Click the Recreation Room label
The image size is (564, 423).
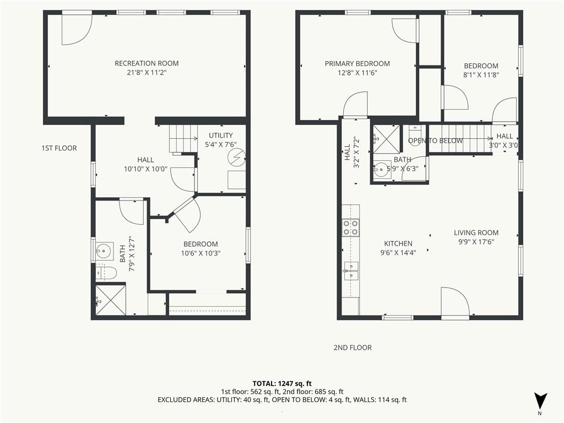click(x=147, y=63)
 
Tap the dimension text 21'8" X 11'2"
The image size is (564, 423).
click(x=147, y=73)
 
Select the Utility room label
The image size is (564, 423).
click(x=221, y=135)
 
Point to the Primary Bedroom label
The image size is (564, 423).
click(x=357, y=64)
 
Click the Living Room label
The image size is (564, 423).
click(x=476, y=233)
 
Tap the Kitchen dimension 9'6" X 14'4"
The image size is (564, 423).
click(x=398, y=252)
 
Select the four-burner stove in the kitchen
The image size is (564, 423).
click(x=351, y=227)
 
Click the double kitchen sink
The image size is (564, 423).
click(x=351, y=271)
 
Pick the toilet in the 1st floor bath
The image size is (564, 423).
click(x=106, y=273)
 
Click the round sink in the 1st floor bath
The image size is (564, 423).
click(x=103, y=251)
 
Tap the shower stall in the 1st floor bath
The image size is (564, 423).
click(x=111, y=301)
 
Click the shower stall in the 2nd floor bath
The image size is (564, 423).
click(x=386, y=139)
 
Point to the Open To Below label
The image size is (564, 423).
click(x=435, y=140)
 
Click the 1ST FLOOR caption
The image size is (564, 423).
click(x=59, y=148)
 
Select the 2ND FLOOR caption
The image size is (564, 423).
click(x=352, y=348)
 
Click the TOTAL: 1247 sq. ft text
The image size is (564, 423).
click(x=282, y=383)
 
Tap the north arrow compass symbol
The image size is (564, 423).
click(x=540, y=402)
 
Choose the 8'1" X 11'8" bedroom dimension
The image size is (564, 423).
click(x=481, y=75)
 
